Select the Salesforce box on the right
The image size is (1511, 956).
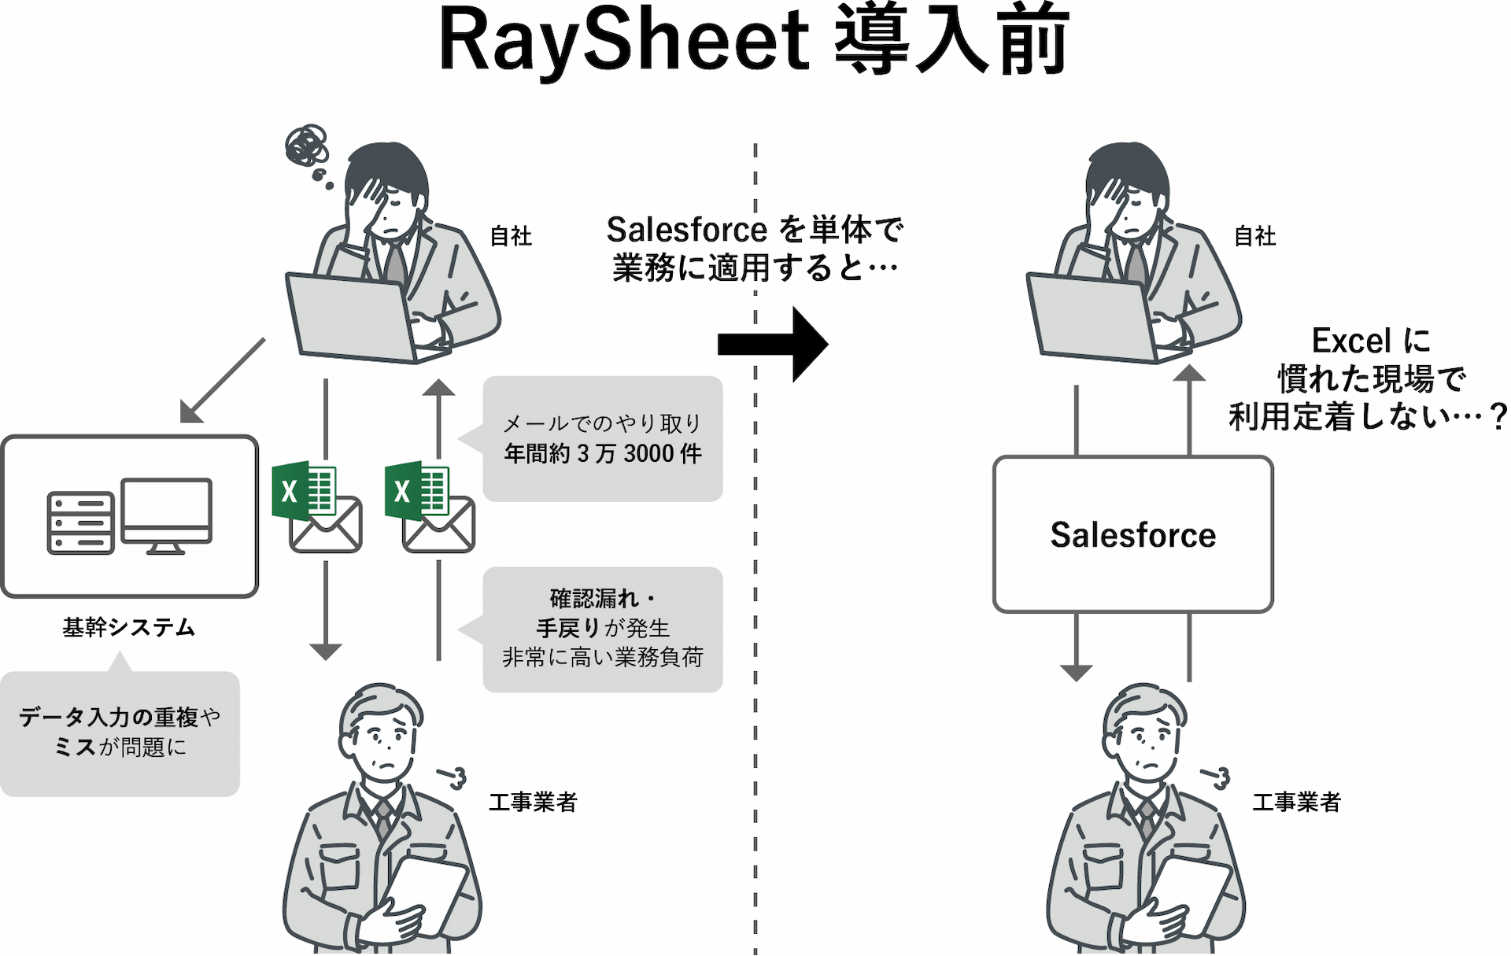click(x=1132, y=534)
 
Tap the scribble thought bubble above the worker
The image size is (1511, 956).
click(x=307, y=146)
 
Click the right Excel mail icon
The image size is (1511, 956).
click(x=430, y=508)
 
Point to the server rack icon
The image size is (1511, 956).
click(x=80, y=522)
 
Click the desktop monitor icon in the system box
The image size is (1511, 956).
click(x=166, y=515)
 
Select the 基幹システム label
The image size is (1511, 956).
click(x=128, y=627)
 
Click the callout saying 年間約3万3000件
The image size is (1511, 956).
click(x=603, y=439)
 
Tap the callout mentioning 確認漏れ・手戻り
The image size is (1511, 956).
click(x=603, y=629)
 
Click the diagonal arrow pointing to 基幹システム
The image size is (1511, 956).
click(x=223, y=381)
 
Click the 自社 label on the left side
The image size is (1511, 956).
click(x=511, y=236)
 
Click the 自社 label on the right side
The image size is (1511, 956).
click(x=1254, y=236)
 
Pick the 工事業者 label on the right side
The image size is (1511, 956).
click(x=1296, y=802)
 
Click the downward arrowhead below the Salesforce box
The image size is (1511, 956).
click(x=1076, y=672)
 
